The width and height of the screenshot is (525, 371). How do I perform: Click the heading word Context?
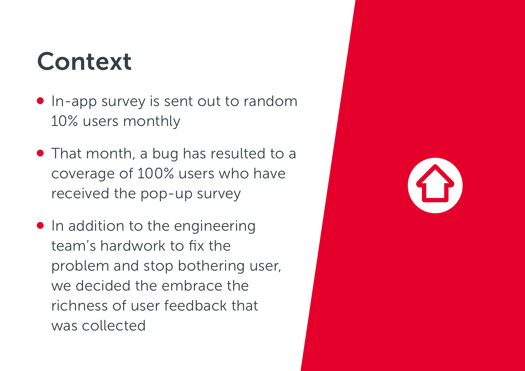click(84, 61)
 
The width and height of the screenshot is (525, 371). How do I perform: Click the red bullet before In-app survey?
click(40, 101)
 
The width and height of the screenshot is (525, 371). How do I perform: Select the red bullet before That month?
click(40, 153)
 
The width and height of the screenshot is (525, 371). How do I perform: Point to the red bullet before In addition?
click(40, 225)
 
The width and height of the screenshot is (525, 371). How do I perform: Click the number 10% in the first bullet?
click(65, 121)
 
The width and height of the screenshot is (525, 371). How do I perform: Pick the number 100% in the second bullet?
click(156, 173)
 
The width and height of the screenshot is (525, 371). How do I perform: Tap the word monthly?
click(152, 122)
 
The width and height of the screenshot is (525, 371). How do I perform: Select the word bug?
click(165, 154)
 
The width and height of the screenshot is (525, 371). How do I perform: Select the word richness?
click(79, 306)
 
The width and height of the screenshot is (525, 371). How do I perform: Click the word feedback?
click(195, 306)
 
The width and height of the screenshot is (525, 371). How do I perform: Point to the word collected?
click(114, 325)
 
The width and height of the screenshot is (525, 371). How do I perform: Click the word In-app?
click(74, 102)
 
